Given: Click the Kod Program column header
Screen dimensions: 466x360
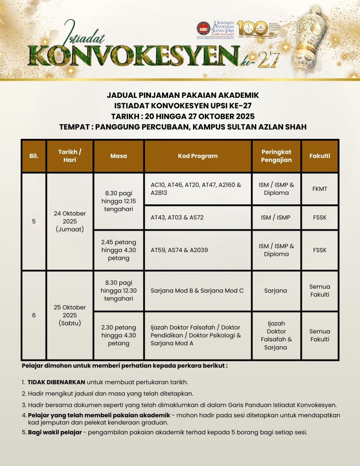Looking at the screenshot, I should click(x=198, y=156).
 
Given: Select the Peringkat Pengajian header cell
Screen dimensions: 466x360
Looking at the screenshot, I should click(x=276, y=156).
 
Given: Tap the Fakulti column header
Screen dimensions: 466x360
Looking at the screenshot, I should click(x=319, y=156).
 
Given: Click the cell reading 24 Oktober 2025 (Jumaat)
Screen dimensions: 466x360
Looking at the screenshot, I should click(x=70, y=221).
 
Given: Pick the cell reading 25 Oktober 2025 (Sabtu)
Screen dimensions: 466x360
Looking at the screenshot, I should click(x=70, y=315).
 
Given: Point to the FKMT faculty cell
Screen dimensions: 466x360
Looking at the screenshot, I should click(x=319, y=189).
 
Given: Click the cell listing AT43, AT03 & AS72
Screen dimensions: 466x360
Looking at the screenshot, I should click(x=198, y=218).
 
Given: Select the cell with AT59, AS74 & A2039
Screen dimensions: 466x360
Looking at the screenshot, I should click(x=198, y=250).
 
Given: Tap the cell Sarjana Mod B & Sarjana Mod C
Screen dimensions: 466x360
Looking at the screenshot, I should click(x=198, y=290).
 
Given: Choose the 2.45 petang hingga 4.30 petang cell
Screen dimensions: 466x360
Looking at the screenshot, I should click(x=118, y=250).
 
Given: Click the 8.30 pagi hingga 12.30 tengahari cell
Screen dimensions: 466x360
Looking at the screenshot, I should click(x=118, y=290).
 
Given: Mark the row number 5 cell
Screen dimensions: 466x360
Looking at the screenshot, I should click(x=34, y=221).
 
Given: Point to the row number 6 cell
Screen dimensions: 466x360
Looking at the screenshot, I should click(x=34, y=315).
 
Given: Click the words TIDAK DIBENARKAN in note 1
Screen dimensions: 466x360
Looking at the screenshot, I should click(x=56, y=382).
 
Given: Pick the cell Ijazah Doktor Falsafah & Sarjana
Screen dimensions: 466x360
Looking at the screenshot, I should click(x=276, y=335).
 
